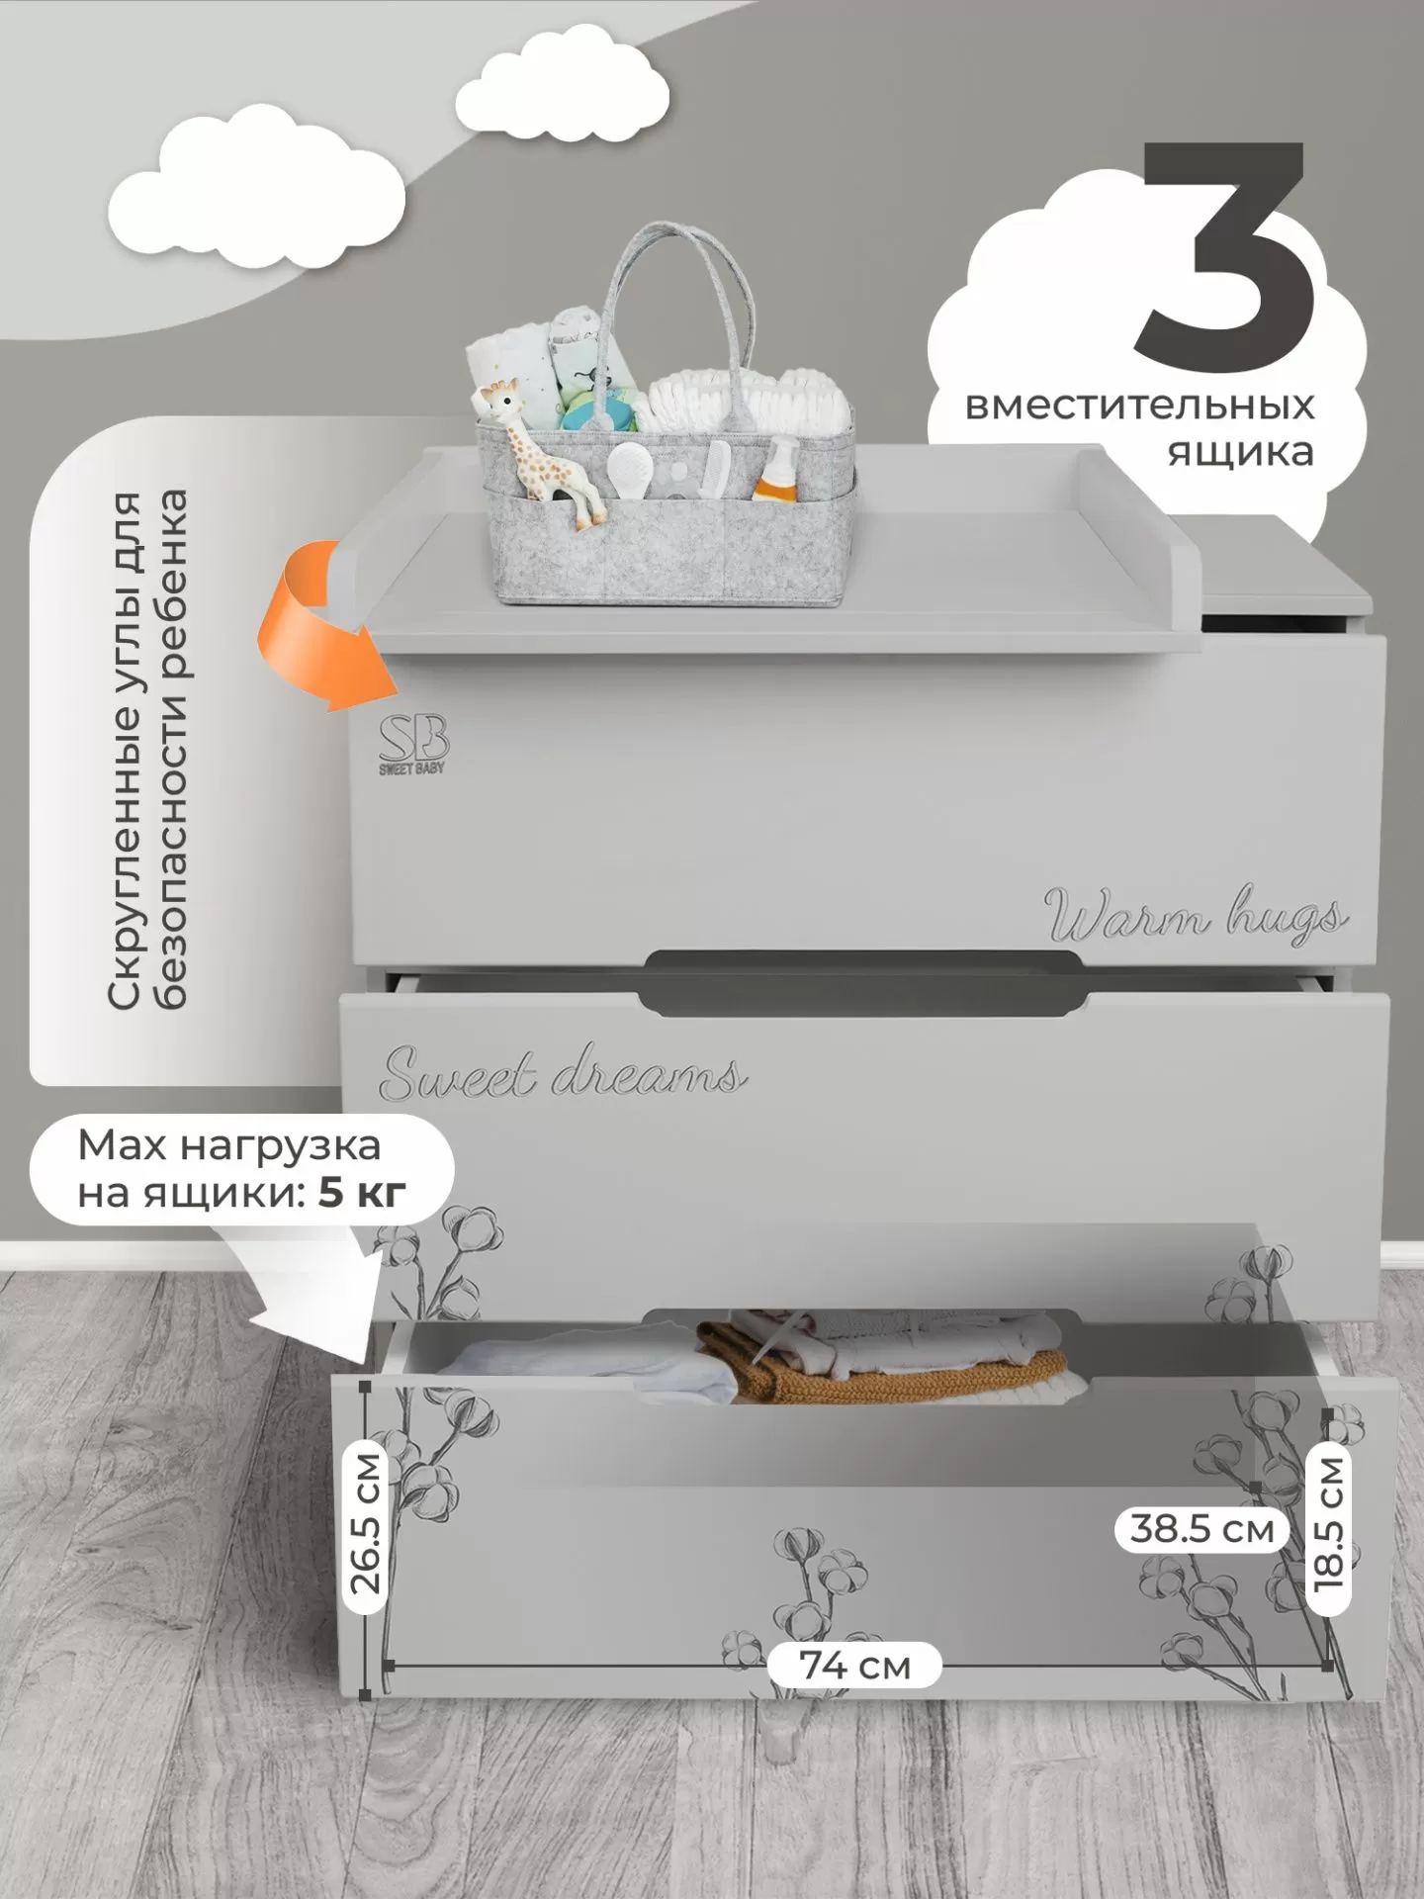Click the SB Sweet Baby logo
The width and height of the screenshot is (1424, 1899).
coord(413,744)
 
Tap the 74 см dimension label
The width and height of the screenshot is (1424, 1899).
coord(854,1666)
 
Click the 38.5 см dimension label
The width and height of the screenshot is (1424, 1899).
coord(1201,1558)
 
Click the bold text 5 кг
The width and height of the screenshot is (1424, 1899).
coord(362,1195)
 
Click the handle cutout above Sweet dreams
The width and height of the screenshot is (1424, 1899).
coord(859,979)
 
